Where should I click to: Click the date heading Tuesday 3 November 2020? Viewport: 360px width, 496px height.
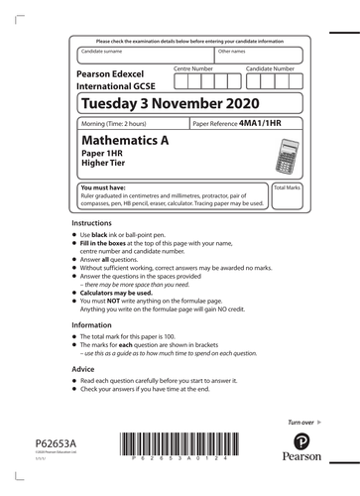[171, 104]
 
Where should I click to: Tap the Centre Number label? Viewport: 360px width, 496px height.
[193, 68]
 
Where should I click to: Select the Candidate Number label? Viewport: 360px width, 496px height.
[270, 68]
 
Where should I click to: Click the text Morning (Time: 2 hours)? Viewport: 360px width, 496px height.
[124, 124]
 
